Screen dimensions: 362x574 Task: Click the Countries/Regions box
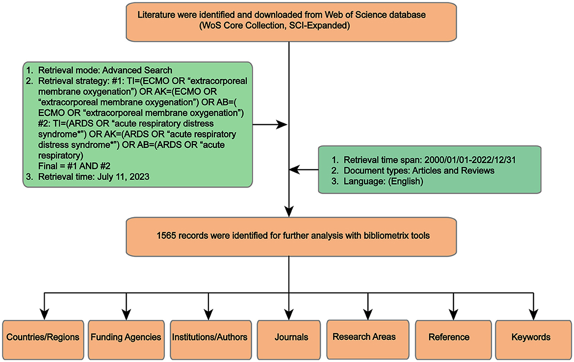(43, 337)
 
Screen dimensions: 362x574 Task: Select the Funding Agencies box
(126, 337)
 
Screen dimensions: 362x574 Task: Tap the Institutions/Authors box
(209, 337)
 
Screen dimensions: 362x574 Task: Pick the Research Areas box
(364, 337)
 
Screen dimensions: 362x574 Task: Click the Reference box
(448, 337)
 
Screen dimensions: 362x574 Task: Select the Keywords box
(531, 337)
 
